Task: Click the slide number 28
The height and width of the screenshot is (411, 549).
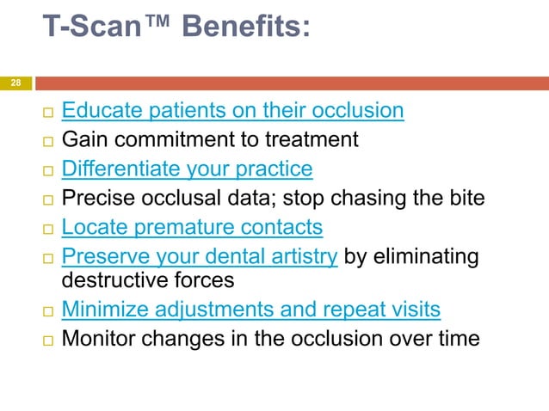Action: click(15, 83)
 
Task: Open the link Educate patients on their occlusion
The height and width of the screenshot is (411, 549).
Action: click(233, 111)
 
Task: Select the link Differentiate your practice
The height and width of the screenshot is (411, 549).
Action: click(187, 168)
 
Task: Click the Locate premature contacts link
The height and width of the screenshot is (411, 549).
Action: click(192, 227)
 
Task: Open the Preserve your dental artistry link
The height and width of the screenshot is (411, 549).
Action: click(200, 256)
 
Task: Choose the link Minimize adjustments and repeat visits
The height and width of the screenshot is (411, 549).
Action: click(251, 309)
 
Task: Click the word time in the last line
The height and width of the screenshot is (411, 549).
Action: click(457, 338)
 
